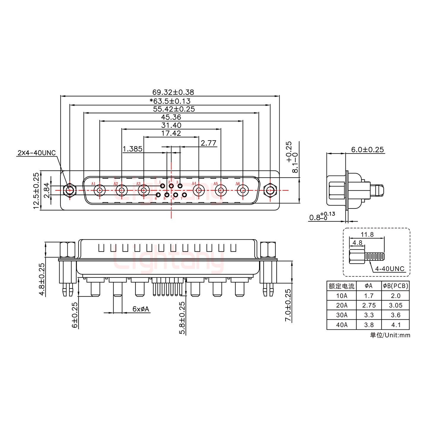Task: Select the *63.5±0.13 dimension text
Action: coord(170,101)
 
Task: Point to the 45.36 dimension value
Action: coord(171,117)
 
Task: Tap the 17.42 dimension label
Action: coord(171,133)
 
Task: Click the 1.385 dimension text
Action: coord(133,149)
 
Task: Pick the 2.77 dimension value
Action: coord(208,143)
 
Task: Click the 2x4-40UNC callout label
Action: coord(36,153)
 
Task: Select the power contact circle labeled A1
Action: coord(100,190)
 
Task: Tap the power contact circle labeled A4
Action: coord(198,190)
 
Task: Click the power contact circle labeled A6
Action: coord(243,190)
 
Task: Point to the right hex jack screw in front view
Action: coord(270,190)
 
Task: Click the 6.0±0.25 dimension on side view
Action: coord(367,149)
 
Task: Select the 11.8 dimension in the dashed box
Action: coord(367,235)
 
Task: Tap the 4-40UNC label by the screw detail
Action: coord(390,269)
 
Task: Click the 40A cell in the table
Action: coord(342,325)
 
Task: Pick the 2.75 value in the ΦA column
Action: coord(369,305)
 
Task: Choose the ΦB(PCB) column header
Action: coord(396,286)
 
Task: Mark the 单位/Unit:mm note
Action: coord(390,335)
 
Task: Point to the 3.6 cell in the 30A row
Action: coord(396,315)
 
